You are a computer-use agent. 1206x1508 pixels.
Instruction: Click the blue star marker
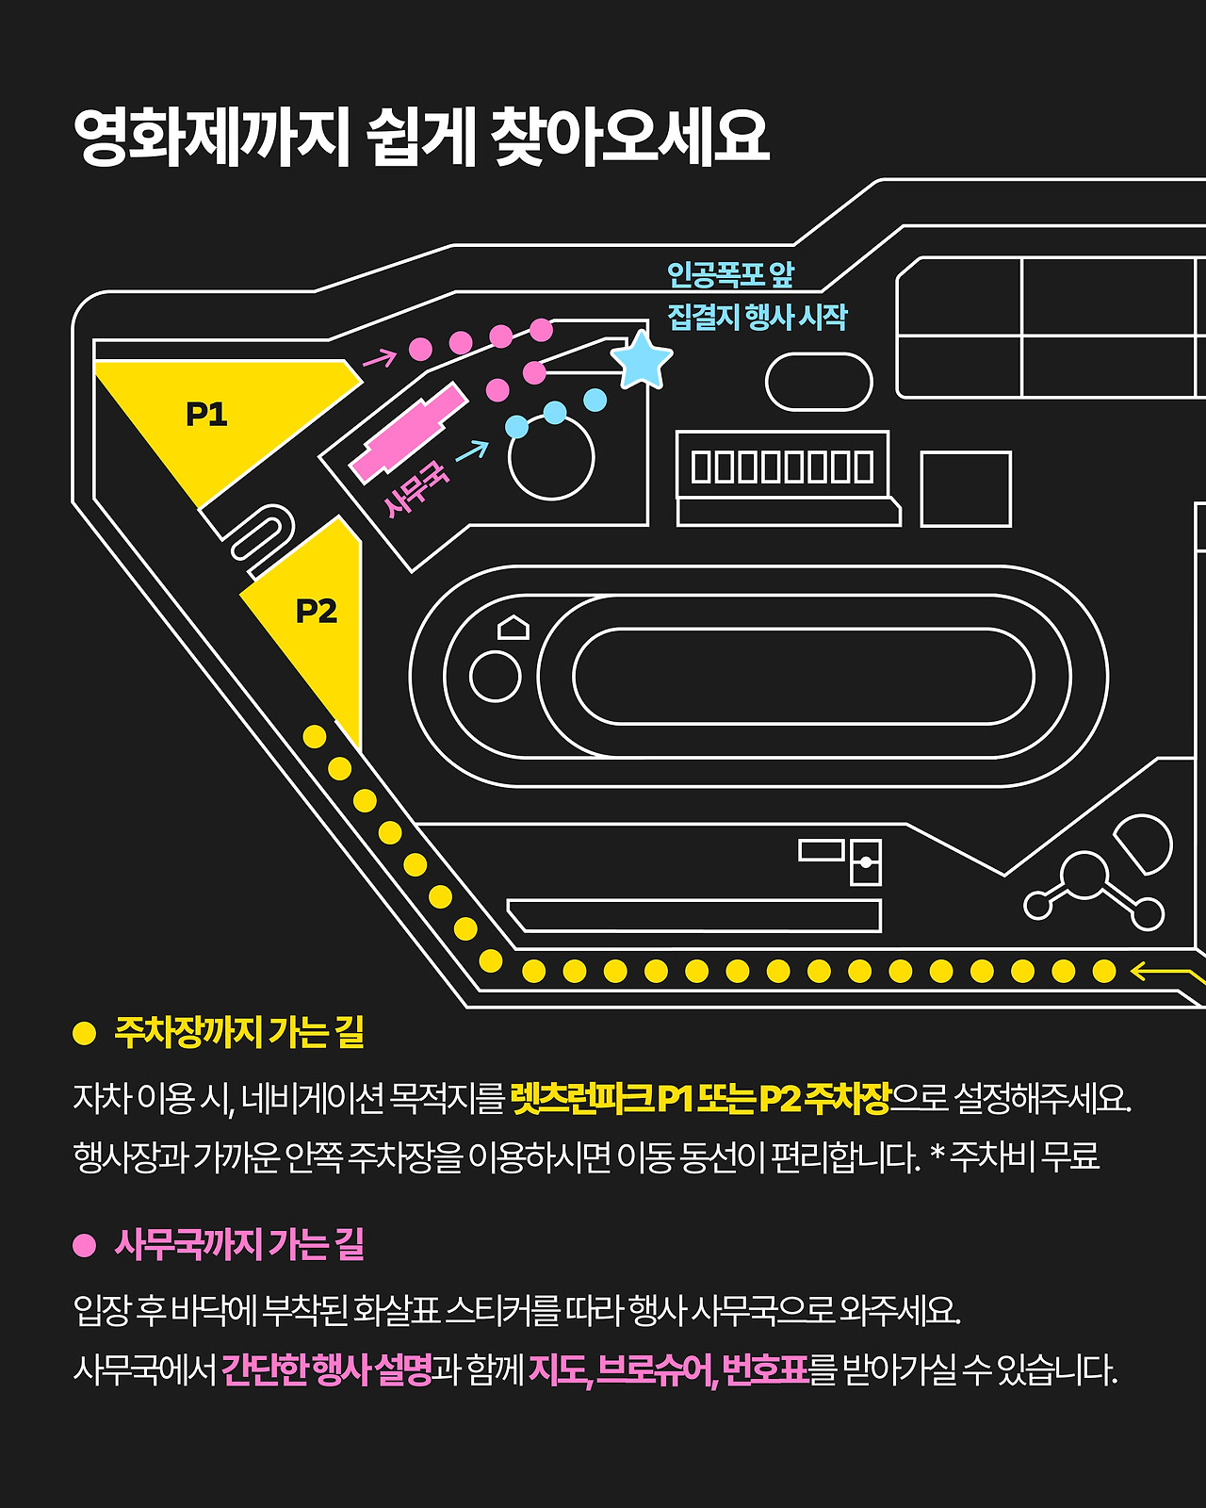[x=642, y=360]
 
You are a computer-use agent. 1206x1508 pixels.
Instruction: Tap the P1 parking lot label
[x=206, y=414]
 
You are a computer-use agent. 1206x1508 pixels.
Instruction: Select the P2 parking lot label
[x=316, y=612]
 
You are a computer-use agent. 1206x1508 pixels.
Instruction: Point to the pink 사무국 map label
[x=416, y=488]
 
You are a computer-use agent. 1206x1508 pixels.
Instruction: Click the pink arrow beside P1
[x=380, y=358]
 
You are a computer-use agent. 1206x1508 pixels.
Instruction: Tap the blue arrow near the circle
[x=472, y=451]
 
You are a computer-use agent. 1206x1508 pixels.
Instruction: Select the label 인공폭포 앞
[x=730, y=275]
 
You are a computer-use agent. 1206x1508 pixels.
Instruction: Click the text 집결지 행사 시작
[x=758, y=317]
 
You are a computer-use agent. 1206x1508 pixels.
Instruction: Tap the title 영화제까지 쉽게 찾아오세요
[x=421, y=138]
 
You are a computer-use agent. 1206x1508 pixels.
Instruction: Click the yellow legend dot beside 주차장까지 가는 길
[x=85, y=1033]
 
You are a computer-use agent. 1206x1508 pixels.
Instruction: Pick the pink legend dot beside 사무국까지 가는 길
[x=85, y=1245]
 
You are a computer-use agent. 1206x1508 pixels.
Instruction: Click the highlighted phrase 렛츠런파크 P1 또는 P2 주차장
[x=700, y=1098]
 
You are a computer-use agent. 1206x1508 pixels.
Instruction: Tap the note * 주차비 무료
[x=1016, y=1156]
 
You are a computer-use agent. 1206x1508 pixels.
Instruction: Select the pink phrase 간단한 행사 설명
[x=326, y=1369]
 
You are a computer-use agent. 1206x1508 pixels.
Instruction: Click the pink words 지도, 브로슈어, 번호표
[x=668, y=1369]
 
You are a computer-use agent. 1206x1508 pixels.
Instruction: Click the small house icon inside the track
[x=513, y=627]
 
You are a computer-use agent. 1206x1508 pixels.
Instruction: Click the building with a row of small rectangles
[x=782, y=466]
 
